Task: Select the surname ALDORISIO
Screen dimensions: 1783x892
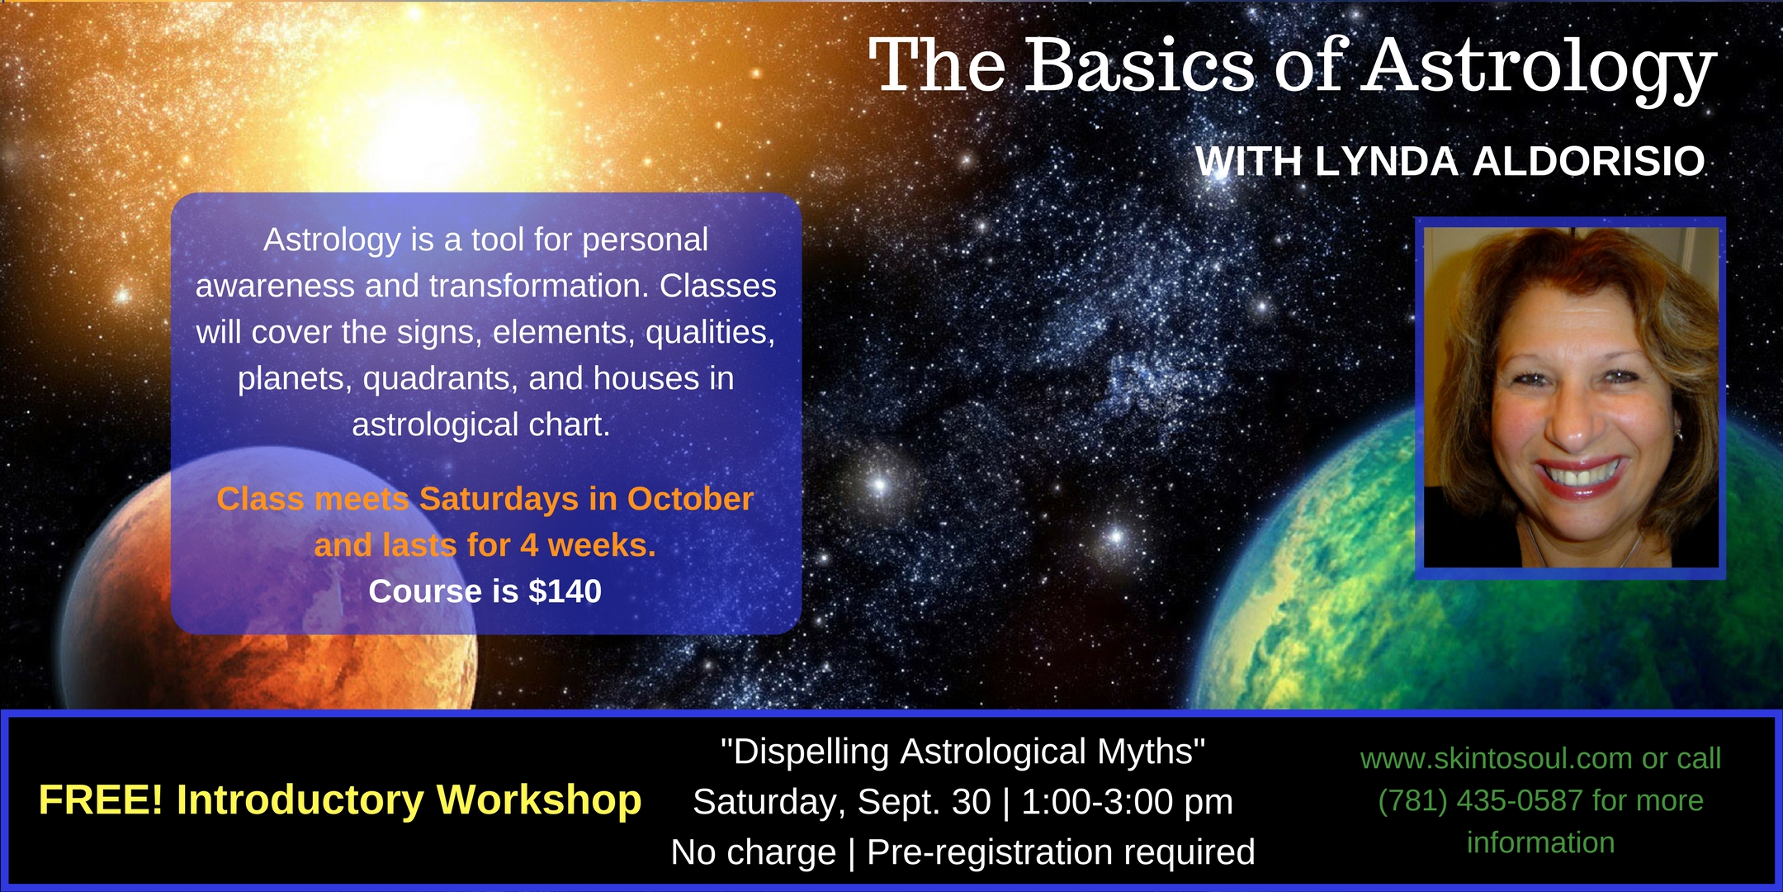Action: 1589,161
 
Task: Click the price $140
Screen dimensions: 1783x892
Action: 565,591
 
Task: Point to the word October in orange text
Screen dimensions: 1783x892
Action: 691,499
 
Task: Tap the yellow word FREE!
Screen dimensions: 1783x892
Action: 102,799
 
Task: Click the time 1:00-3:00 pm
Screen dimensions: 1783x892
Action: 1128,802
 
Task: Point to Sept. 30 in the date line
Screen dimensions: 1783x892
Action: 925,802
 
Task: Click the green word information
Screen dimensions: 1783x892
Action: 1540,842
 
